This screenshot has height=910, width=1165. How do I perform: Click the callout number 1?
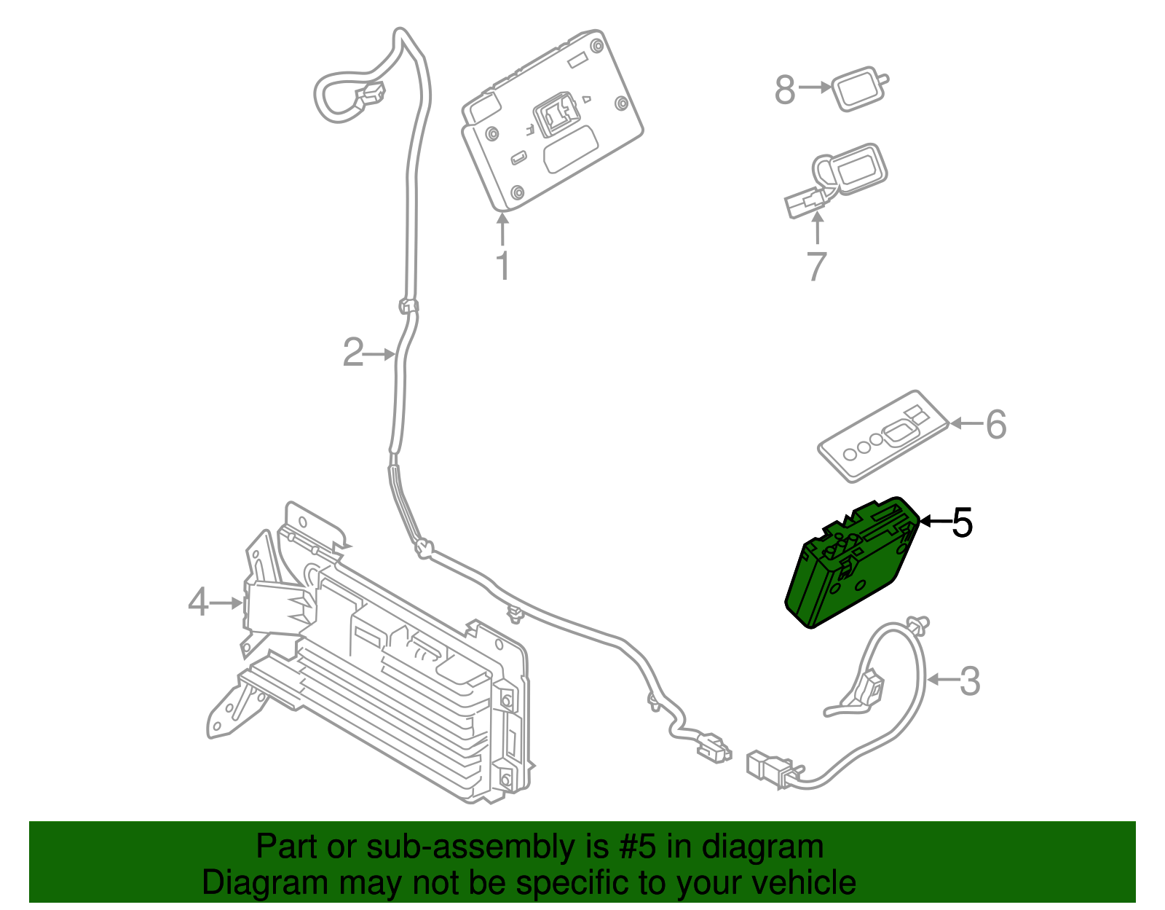[x=502, y=266]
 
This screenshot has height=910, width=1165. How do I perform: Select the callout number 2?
[x=353, y=353]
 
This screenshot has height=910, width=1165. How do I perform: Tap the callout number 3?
[x=969, y=681]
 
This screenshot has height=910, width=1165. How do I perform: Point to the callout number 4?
[x=198, y=603]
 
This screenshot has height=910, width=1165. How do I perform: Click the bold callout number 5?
[x=962, y=522]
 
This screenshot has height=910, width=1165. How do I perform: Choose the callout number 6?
[x=995, y=424]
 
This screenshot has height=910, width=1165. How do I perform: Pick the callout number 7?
[x=817, y=266]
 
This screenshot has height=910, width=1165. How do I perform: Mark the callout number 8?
[x=785, y=90]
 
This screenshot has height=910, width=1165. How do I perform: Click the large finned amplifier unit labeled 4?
[x=408, y=678]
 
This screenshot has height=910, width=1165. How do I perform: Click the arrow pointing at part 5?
[x=935, y=521]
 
